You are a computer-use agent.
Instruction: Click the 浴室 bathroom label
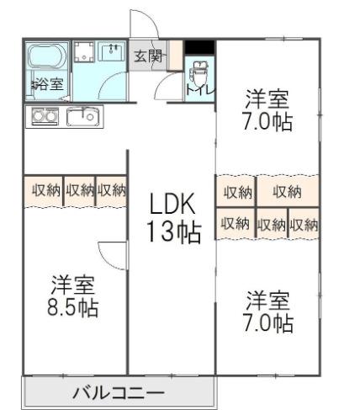[x=46, y=83]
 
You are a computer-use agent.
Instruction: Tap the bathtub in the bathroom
[x=46, y=61]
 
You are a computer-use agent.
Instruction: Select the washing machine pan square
[x=84, y=54]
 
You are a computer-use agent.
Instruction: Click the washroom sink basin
[x=112, y=52]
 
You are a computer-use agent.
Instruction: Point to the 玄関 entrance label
[x=148, y=57]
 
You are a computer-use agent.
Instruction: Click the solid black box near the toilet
[x=199, y=47]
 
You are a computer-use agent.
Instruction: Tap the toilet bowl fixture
[x=199, y=73]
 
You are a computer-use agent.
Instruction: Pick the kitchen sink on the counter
[x=82, y=115]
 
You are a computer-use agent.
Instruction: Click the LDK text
[x=173, y=205]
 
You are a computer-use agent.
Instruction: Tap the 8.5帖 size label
[x=72, y=307]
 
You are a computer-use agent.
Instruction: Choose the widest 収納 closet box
[x=288, y=192]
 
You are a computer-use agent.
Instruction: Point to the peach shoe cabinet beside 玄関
[x=175, y=57]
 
